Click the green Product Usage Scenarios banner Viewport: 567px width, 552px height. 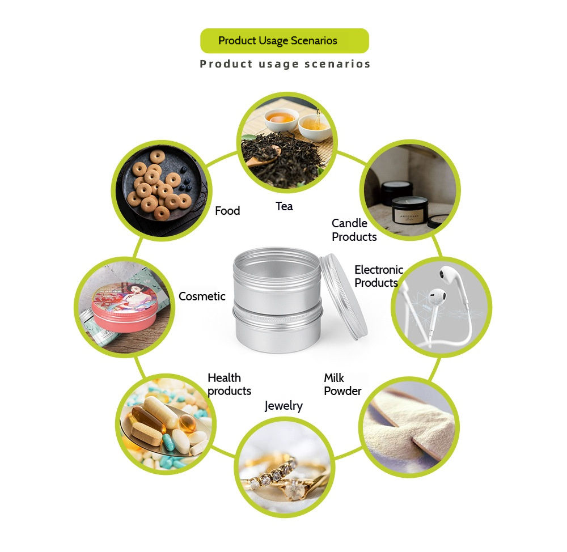tap(285, 41)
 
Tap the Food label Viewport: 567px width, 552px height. tap(227, 211)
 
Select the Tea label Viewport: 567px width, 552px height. tap(284, 206)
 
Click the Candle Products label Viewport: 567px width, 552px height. tap(354, 230)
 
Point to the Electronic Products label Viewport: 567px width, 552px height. tap(379, 276)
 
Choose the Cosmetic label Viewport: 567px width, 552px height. tap(202, 296)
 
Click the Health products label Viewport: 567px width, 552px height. tap(229, 384)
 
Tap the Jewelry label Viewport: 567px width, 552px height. tap(283, 406)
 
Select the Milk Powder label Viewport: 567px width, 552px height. tap(342, 384)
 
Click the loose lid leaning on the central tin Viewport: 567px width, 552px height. tap(344, 296)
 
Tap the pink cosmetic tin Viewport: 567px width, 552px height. tap(125, 307)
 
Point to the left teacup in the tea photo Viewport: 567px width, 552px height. tap(281, 119)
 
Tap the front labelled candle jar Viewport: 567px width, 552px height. tap(410, 213)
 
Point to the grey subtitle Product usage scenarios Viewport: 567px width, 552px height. tap(285, 64)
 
